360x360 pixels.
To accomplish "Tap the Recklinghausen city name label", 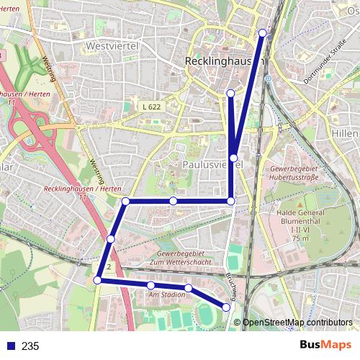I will [x=218, y=62].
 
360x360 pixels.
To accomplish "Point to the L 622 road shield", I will [x=150, y=107].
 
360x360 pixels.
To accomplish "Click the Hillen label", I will [x=346, y=134].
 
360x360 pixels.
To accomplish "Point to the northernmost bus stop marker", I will [x=262, y=33].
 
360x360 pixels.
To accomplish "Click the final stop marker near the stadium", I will [x=226, y=307].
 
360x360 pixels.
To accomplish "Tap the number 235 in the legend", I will [x=30, y=346].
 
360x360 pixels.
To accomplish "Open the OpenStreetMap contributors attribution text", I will [x=297, y=323].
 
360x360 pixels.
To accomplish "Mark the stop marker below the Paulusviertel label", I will [x=230, y=200].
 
